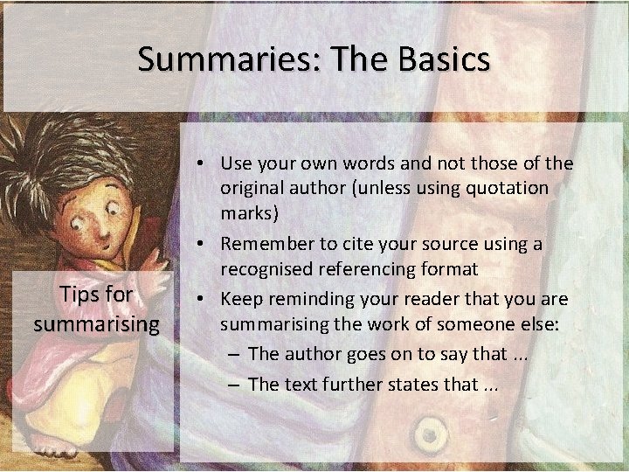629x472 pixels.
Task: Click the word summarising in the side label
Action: [96, 324]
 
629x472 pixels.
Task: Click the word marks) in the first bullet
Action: [249, 212]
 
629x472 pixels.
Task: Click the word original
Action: [252, 188]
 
